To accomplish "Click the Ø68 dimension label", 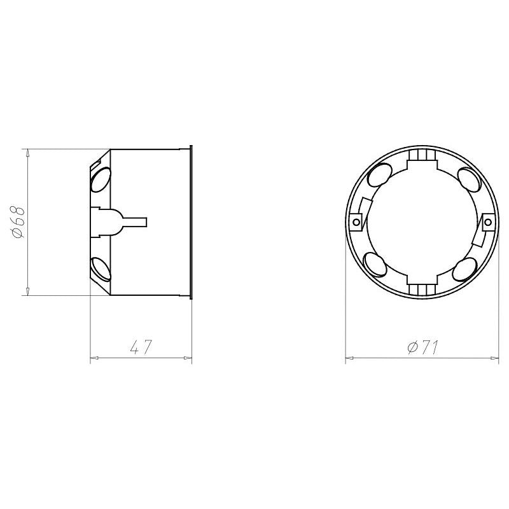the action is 18,222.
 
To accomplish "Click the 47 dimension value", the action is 141,347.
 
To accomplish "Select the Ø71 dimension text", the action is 422,347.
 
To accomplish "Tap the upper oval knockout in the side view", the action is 101,179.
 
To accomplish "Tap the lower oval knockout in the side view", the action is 101,268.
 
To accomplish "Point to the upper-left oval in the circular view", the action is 379,174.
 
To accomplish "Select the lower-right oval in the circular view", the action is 464,269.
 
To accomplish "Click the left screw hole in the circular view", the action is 356,222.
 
